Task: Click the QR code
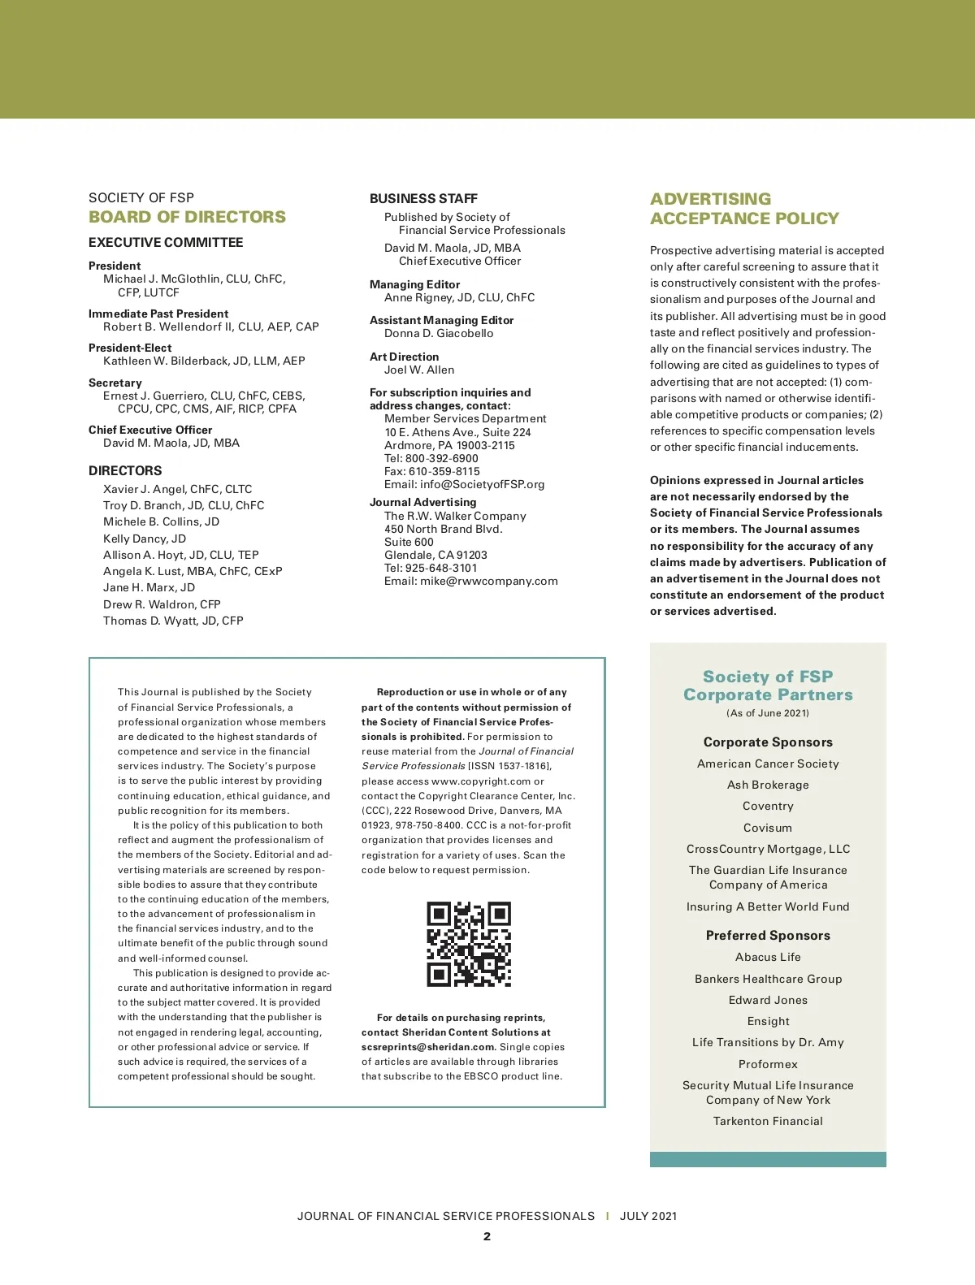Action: click(469, 944)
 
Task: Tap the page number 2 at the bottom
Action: click(487, 1236)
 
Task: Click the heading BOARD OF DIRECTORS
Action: click(187, 217)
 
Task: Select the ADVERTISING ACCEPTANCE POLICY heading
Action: click(744, 209)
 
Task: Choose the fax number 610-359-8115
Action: click(444, 471)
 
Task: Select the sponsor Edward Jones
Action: click(768, 1000)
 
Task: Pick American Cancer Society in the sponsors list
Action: click(768, 764)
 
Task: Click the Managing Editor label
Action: click(414, 284)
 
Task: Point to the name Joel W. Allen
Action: click(419, 370)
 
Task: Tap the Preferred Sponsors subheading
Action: click(768, 935)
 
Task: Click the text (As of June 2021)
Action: click(768, 713)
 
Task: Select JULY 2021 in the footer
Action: click(648, 1216)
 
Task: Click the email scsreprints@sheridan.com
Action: click(428, 1047)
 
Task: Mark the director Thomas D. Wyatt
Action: click(173, 621)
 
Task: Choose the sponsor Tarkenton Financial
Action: click(768, 1121)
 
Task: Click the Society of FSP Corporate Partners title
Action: click(768, 686)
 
